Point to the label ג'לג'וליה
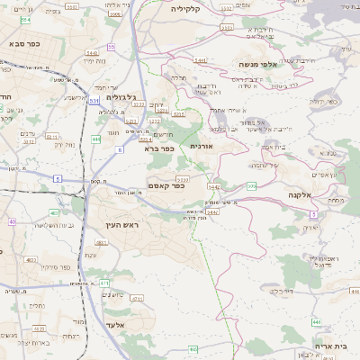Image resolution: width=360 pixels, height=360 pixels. pyautogui.click(x=121, y=96)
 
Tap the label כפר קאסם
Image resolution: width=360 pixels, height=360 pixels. pyautogui.click(x=167, y=186)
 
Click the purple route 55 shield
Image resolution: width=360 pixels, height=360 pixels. pyautogui.click(x=111, y=46)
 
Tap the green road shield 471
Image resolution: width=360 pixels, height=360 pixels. pyautogui.click(x=104, y=282)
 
